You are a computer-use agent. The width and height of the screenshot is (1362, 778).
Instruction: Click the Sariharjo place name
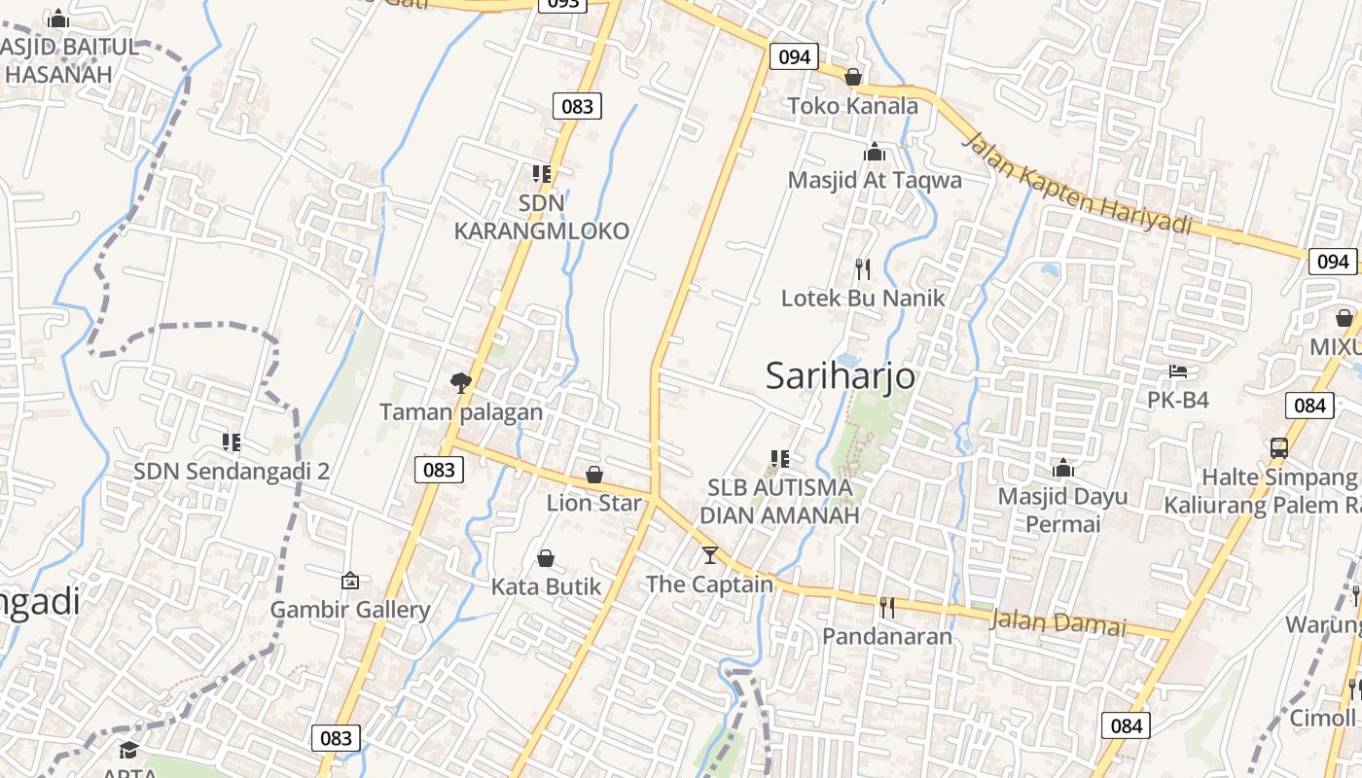coord(840,375)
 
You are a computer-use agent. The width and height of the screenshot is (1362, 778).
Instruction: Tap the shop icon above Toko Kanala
coord(853,77)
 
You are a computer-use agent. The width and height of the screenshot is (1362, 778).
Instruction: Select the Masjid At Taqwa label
coord(874,180)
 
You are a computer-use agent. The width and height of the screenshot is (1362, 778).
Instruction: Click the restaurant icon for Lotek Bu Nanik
coord(862,268)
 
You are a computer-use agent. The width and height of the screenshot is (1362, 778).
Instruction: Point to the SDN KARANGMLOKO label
coord(541,218)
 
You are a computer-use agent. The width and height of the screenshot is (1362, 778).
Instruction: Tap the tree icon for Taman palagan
coord(461,383)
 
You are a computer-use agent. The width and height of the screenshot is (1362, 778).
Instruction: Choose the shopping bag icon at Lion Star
coord(593,475)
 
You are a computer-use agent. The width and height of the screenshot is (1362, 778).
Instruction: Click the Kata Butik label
coord(546,586)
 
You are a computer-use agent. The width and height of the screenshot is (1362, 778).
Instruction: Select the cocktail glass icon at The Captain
coord(710,555)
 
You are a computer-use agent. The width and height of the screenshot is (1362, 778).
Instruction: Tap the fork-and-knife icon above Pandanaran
coord(886,608)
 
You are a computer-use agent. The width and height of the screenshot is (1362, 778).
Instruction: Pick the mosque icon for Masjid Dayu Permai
coord(1062,469)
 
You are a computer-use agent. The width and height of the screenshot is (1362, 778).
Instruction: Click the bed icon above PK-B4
coord(1177,371)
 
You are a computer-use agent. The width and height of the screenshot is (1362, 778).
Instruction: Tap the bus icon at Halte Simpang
coord(1278,448)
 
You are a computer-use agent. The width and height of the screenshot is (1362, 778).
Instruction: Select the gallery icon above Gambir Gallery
coord(350,581)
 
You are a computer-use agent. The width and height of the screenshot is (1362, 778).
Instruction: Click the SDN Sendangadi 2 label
coord(232,472)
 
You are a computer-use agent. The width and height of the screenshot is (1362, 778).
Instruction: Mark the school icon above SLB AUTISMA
coord(779,458)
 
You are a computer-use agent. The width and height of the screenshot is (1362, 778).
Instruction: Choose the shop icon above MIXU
coord(1344,318)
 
